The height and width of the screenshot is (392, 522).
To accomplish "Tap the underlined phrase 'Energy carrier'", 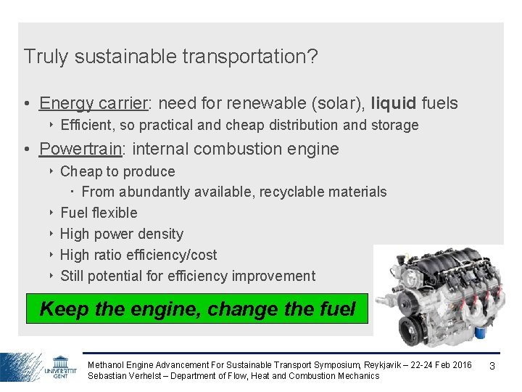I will [x=94, y=103].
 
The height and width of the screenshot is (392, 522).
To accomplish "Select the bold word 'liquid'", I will [x=393, y=103].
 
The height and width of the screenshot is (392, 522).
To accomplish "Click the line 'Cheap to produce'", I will [x=117, y=171].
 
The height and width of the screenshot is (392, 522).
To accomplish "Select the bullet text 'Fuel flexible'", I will [x=99, y=213].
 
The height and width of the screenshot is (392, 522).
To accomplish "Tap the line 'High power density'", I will [x=121, y=234].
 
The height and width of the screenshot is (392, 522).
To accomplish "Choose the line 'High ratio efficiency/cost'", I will [x=138, y=255].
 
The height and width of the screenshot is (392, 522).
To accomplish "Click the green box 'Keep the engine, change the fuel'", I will [x=197, y=309].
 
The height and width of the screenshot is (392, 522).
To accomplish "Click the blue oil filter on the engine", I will [x=478, y=332].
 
